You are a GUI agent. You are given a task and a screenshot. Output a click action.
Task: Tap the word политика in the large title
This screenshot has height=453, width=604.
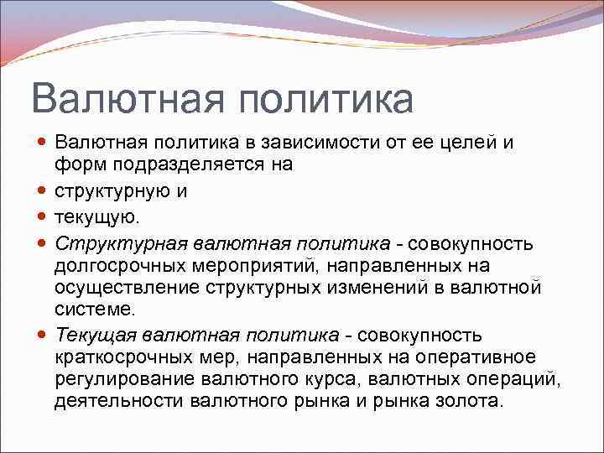[326, 99]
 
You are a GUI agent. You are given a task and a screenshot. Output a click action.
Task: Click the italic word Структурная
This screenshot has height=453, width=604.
[121, 243]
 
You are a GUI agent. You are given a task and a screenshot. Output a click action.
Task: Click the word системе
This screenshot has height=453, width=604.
[94, 310]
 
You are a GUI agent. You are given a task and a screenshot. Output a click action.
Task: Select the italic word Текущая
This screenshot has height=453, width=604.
[96, 336]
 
